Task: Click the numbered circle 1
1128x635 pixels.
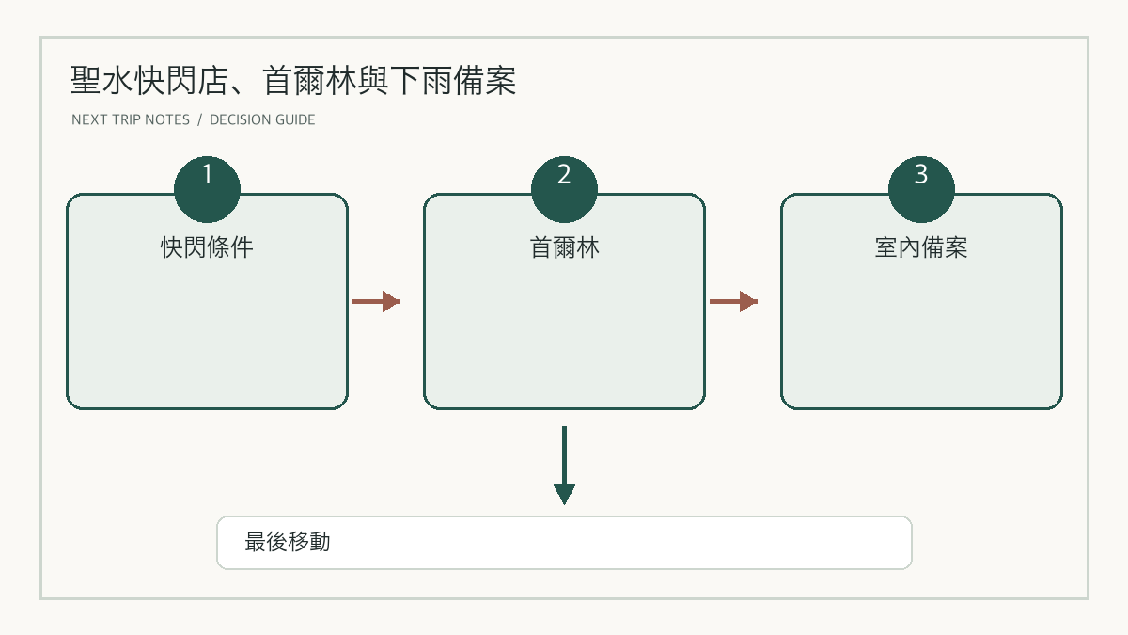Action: [207, 189]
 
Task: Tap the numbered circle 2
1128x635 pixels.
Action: [564, 189]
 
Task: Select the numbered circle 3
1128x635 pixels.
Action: [921, 189]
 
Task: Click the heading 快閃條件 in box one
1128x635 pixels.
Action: [207, 247]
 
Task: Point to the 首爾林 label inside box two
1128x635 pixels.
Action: [564, 247]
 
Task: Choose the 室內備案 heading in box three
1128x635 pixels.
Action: [921, 247]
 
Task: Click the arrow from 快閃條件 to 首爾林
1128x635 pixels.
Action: [376, 301]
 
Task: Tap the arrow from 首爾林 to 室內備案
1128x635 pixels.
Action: [733, 301]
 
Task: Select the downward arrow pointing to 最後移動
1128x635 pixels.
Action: [564, 465]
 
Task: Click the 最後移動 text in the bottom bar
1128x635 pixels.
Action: [287, 542]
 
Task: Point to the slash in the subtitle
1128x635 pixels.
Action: [199, 120]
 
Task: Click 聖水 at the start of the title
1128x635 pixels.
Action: [102, 81]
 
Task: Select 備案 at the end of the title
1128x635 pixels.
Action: [485, 81]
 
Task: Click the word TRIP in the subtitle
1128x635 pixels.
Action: [126, 120]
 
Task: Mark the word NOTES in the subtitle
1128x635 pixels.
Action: [167, 120]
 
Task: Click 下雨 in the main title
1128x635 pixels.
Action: [421, 81]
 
